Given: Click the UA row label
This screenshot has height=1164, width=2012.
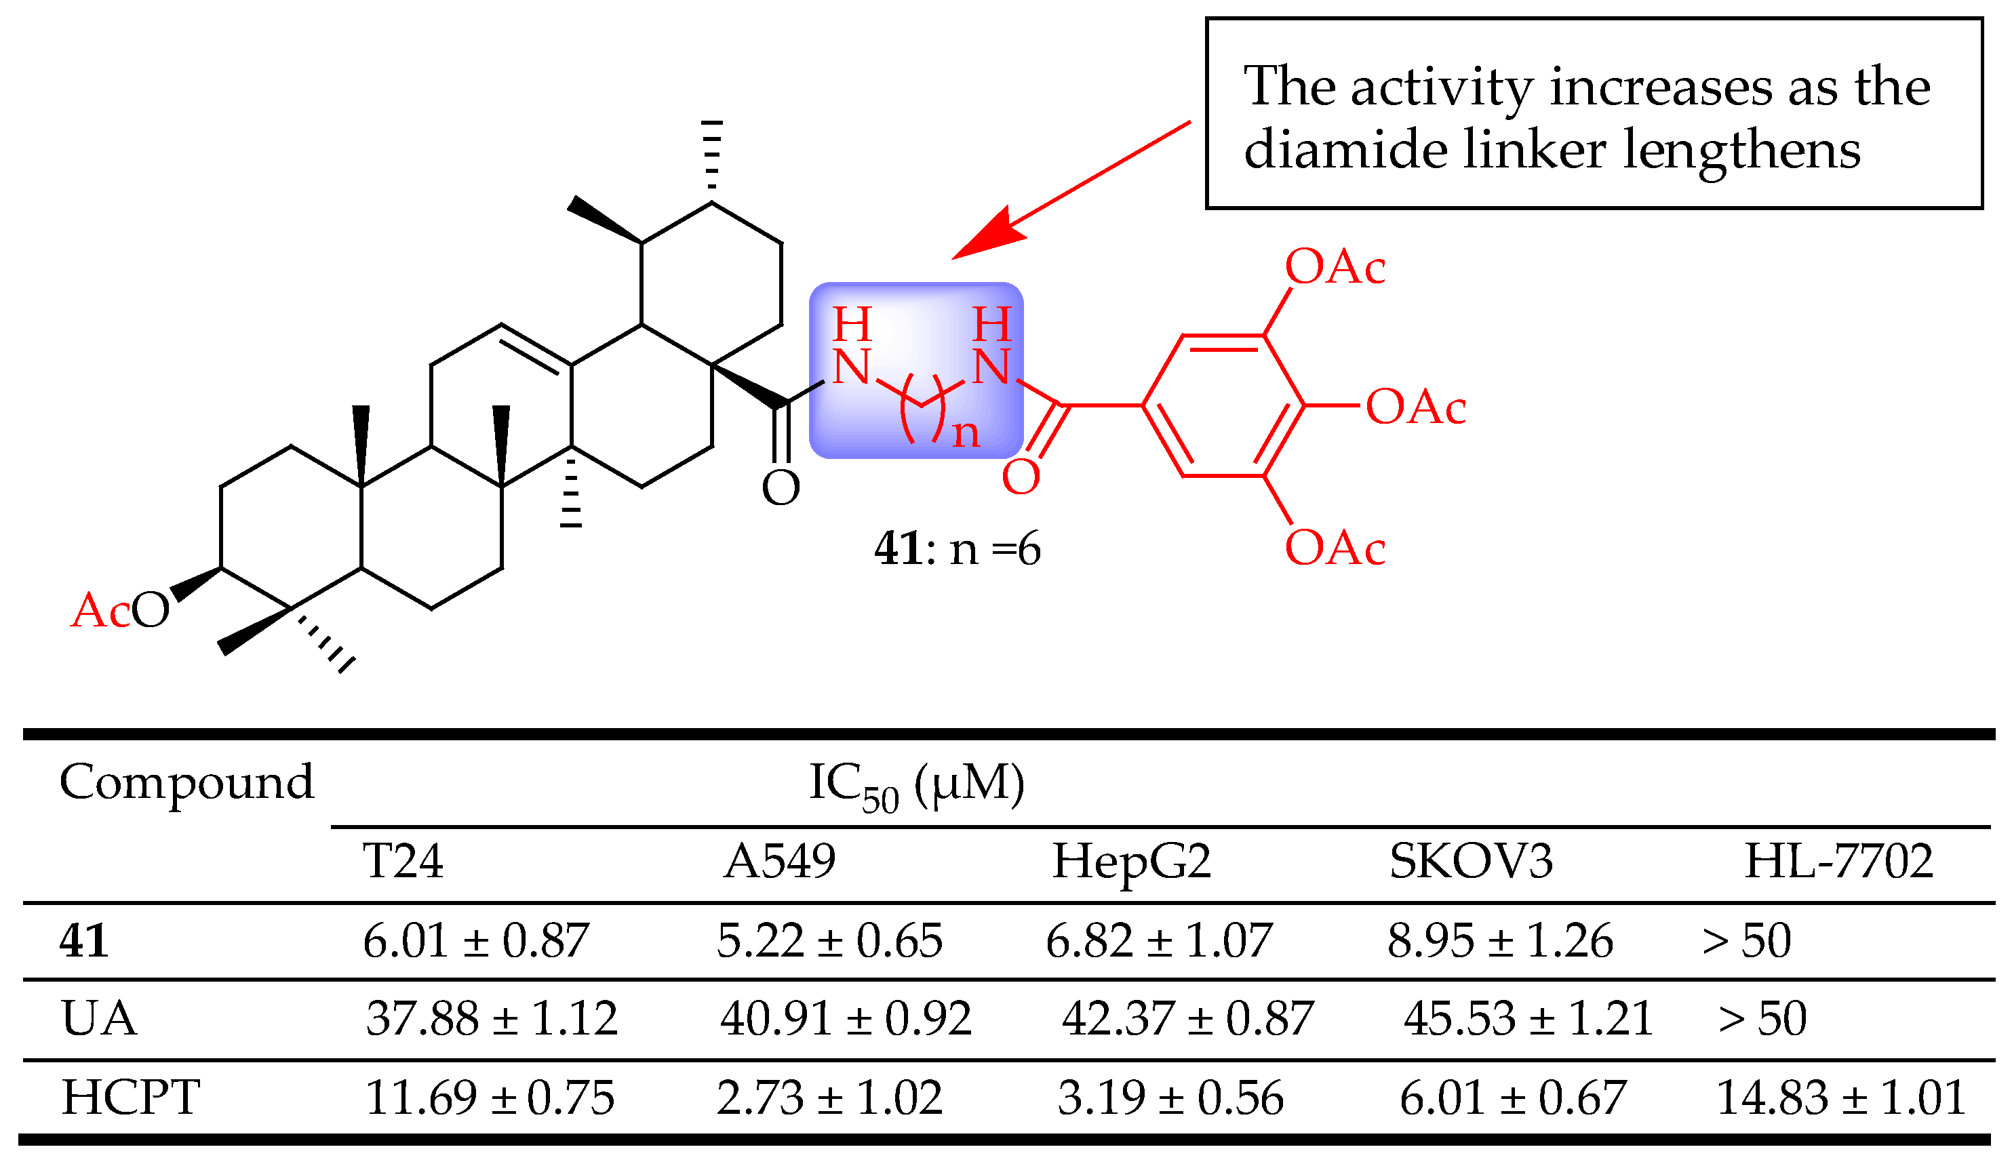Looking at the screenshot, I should pyautogui.click(x=99, y=1019).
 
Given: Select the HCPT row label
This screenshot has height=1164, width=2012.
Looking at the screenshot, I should pyautogui.click(x=130, y=1097).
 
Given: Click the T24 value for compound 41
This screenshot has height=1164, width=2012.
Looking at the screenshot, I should pyautogui.click(x=475, y=940).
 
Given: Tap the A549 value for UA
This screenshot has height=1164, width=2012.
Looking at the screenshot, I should pyautogui.click(x=846, y=1019).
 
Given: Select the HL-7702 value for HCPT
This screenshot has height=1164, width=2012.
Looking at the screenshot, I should pyautogui.click(x=1840, y=1097).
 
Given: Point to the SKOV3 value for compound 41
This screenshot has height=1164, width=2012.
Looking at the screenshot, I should pyautogui.click(x=1499, y=940).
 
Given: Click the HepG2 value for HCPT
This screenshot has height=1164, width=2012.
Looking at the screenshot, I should pyautogui.click(x=1170, y=1097).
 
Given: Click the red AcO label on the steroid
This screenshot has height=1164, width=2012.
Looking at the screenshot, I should pyautogui.click(x=120, y=611).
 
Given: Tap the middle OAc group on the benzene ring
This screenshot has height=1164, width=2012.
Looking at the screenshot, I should pyautogui.click(x=1415, y=407).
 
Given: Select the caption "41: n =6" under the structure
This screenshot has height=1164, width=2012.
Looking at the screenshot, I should pyautogui.click(x=957, y=549).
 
